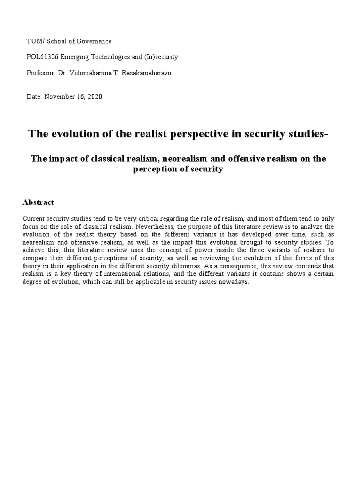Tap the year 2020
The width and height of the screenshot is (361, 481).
click(x=94, y=97)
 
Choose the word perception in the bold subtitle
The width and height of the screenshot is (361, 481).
click(x=154, y=169)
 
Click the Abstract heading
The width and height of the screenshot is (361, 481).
click(x=38, y=202)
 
